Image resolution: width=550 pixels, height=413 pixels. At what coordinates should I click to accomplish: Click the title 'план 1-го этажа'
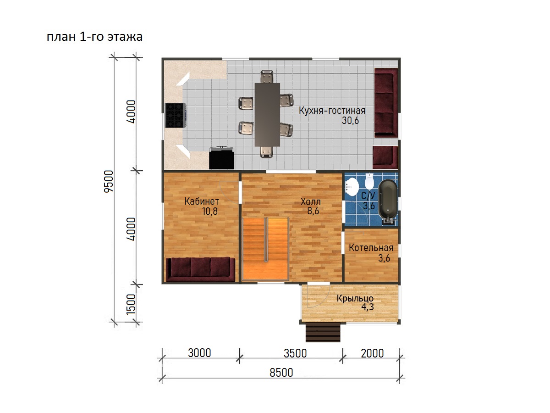point(94,37)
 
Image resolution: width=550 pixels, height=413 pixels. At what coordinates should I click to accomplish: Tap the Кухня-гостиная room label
point(332,111)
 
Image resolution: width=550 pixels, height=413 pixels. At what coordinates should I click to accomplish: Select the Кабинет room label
point(202,201)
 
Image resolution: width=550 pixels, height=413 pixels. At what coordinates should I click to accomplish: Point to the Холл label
point(310,201)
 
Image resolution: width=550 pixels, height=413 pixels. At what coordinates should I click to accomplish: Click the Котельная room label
point(371,248)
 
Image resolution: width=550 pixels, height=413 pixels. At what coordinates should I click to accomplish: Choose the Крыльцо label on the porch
point(355,298)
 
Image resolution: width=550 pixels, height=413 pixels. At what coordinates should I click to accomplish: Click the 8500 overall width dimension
point(281,373)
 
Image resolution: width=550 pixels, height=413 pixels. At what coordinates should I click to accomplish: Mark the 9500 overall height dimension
point(109,181)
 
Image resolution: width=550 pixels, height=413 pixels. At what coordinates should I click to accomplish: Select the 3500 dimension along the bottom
point(295,353)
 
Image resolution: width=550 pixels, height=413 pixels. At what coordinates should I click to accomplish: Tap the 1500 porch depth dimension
point(131,304)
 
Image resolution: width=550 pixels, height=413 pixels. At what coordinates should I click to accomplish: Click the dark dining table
point(267,115)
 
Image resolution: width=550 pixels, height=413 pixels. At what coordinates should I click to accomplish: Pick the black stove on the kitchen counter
point(176,115)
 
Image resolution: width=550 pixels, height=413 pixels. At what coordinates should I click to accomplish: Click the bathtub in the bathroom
point(388,201)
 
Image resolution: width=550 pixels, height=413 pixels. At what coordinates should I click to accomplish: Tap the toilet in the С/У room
point(369,181)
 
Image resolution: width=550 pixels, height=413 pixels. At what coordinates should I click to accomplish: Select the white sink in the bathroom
point(352,187)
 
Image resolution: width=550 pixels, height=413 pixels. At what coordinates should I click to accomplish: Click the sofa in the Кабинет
point(200,269)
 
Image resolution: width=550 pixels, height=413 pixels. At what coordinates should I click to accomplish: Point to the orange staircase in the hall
point(265,249)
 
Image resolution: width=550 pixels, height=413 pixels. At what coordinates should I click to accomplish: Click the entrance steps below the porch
point(323,333)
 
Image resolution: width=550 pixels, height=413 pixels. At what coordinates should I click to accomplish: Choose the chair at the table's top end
point(267,76)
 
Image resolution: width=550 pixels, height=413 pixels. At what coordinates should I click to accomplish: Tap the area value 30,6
point(350,121)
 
